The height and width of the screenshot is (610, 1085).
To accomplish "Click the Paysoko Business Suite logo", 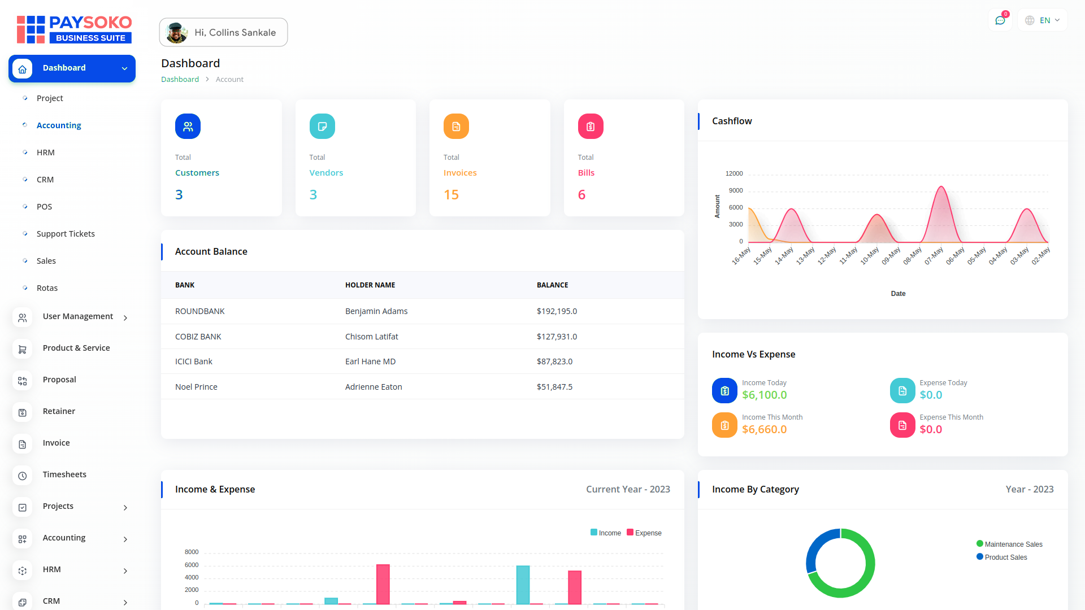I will (x=74, y=29).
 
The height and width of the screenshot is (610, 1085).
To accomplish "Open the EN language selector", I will (x=1043, y=20).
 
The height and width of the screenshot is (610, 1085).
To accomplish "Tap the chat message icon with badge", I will (x=1000, y=20).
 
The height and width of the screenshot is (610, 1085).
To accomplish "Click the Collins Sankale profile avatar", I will (x=176, y=33).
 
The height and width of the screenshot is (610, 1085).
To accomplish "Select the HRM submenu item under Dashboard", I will (x=46, y=152).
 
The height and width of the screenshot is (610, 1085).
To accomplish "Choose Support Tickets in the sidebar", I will (x=66, y=234).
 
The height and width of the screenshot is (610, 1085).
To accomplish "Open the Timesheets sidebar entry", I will (x=64, y=474).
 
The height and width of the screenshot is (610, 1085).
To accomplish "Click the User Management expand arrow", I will (x=125, y=317).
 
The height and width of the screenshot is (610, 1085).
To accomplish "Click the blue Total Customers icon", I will (x=188, y=127).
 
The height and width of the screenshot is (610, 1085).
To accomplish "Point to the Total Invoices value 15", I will (x=451, y=195).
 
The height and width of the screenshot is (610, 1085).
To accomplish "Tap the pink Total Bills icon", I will (x=591, y=127).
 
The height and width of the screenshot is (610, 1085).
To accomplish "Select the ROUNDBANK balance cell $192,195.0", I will (x=557, y=311).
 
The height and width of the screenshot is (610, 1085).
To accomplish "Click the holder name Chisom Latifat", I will (x=371, y=337).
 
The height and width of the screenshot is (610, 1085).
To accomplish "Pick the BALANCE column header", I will (x=552, y=285).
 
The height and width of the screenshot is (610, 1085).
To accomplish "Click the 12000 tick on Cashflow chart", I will (x=734, y=173).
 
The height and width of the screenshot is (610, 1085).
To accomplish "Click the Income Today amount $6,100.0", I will (x=764, y=395).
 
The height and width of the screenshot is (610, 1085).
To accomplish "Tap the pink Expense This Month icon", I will (x=902, y=425).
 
